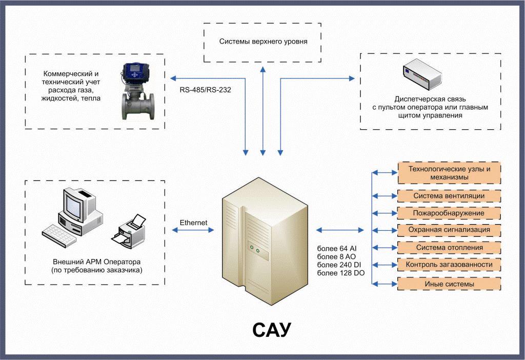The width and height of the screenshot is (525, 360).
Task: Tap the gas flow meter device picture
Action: click(138, 91)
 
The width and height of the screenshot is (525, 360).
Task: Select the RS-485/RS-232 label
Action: click(205, 90)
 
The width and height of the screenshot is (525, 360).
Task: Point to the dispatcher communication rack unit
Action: click(422, 74)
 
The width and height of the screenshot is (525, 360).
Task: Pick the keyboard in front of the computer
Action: click(59, 235)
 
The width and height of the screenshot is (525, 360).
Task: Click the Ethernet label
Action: click(193, 223)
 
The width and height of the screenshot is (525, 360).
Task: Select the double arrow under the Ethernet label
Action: click(193, 230)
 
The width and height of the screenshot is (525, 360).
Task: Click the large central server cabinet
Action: click(265, 241)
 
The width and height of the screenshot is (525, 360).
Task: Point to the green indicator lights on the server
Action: click(254, 249)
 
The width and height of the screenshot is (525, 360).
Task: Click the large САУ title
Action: click(272, 330)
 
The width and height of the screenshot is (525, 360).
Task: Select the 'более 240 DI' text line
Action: click(339, 265)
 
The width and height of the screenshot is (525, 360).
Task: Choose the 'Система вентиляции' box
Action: click(449, 196)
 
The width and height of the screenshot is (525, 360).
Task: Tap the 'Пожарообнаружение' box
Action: click(449, 213)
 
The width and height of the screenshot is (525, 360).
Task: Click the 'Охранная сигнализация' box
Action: click(449, 230)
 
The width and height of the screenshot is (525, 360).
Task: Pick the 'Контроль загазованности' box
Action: click(449, 265)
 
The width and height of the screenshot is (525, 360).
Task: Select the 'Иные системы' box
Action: click(449, 284)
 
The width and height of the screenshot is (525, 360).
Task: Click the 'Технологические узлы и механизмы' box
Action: click(449, 173)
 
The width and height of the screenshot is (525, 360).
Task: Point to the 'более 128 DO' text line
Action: click(341, 273)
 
